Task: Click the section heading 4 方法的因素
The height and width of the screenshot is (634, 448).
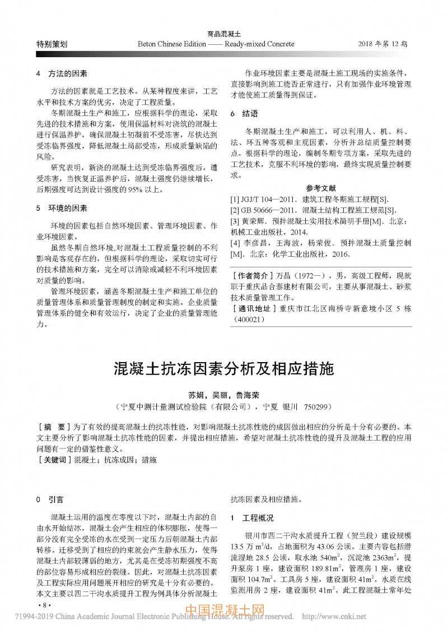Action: point(61,73)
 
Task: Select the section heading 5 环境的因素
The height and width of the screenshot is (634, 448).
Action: point(61,208)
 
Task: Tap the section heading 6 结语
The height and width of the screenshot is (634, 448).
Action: point(244,113)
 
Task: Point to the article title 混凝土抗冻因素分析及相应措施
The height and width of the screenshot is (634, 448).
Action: point(223,369)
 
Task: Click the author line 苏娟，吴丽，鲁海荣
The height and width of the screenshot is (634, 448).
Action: point(223,394)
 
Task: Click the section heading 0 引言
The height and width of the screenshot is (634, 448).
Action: point(49,499)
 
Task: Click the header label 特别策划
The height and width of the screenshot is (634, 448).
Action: point(52,44)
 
